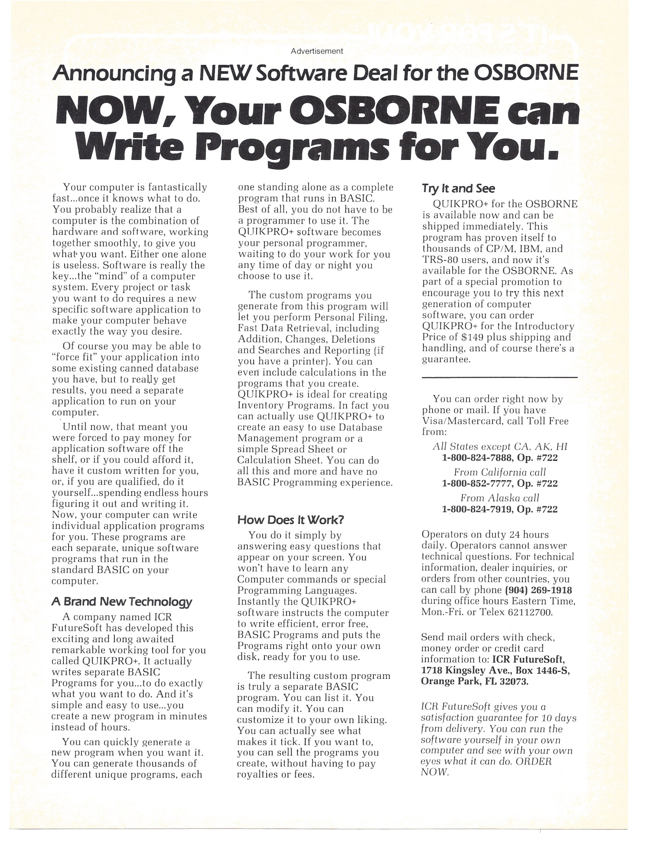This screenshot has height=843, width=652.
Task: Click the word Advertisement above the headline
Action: click(x=316, y=51)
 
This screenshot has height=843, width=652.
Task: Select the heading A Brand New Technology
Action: click(x=122, y=602)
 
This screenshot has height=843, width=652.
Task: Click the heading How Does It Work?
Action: click(x=290, y=520)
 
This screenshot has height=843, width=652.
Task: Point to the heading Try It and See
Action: click(x=458, y=188)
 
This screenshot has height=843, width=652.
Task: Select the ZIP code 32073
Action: click(x=514, y=681)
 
